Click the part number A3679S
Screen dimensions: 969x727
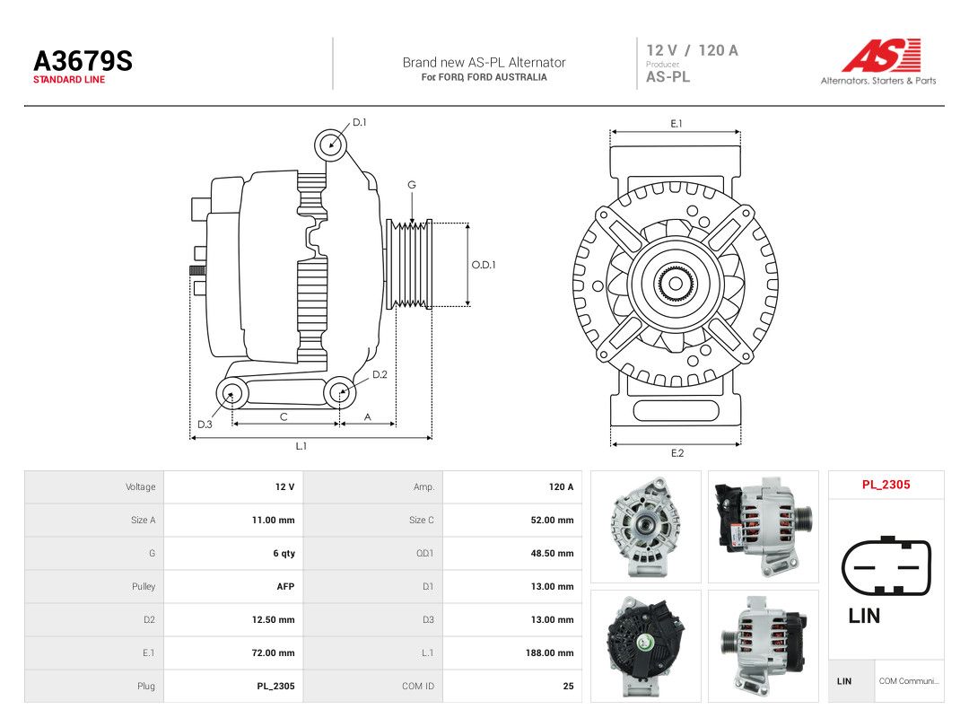pos(83,61)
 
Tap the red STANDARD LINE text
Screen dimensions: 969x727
pos(69,80)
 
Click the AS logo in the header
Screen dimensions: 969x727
pos(882,55)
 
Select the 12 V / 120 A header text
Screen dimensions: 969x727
pos(692,50)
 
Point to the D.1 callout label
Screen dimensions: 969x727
pos(360,122)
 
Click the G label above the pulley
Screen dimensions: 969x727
pos(412,185)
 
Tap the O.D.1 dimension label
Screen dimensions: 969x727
pos(484,265)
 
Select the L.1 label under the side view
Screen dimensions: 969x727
pos(301,446)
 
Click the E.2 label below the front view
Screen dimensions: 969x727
pos(677,453)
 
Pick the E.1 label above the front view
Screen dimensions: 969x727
pos(677,124)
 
